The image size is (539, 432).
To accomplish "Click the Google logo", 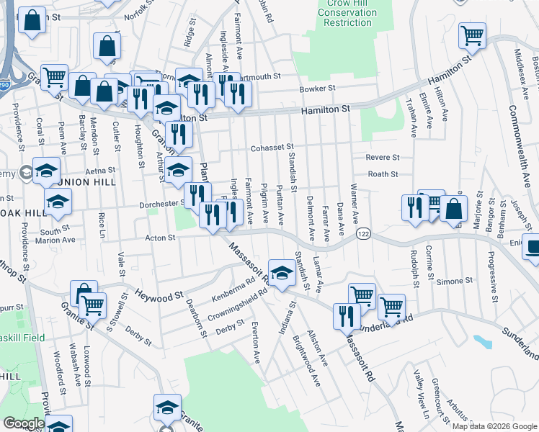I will [x=23, y=423].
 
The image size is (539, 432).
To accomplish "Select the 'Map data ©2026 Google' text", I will [x=494, y=426].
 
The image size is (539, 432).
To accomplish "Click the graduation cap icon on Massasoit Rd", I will [x=282, y=272].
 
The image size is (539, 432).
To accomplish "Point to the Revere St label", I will [x=383, y=157].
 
